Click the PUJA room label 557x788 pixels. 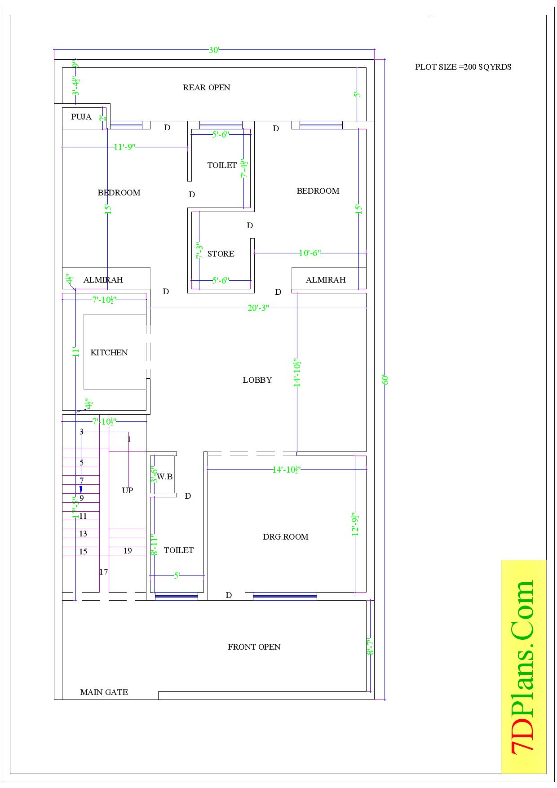click(81, 117)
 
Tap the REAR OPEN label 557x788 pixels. click(207, 88)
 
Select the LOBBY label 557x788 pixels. click(257, 380)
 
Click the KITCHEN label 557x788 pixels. click(109, 353)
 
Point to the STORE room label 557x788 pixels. click(221, 254)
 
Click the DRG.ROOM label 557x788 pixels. click(286, 537)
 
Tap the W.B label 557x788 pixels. click(165, 477)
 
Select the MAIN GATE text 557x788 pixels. click(104, 692)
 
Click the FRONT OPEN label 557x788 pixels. click(254, 647)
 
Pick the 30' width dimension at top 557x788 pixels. click(214, 50)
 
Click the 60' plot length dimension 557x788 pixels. click(385, 380)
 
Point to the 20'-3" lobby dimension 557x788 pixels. click(258, 308)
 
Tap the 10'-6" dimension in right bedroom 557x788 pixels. click(309, 253)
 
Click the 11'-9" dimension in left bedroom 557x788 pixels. click(124, 147)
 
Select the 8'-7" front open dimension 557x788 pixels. click(371, 646)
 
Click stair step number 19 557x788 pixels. click(128, 551)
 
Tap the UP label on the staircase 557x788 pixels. click(128, 491)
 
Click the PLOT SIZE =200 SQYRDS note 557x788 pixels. click(463, 67)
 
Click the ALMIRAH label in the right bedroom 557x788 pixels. click(326, 280)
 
